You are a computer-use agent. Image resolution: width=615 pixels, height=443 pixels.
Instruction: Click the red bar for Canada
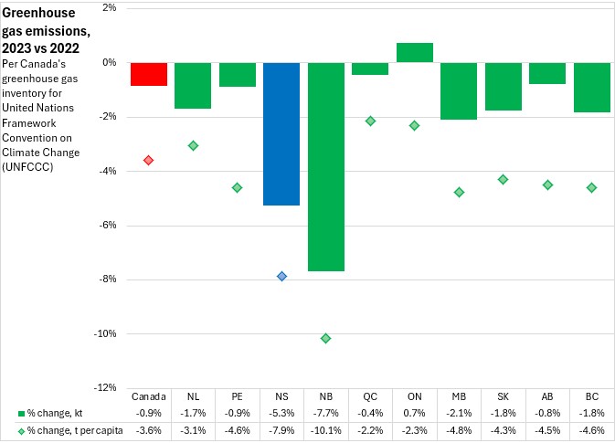tap(148, 74)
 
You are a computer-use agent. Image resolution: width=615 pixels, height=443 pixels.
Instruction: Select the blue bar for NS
tap(281, 133)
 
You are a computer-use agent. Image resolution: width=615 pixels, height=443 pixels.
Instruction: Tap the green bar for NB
tap(326, 166)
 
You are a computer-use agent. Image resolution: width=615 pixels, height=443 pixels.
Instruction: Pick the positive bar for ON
tap(415, 53)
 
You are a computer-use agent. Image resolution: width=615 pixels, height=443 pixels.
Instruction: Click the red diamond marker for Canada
tap(148, 160)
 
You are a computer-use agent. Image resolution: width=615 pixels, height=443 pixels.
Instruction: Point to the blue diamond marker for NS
tap(281, 276)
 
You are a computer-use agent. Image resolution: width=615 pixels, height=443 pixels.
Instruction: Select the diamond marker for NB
tap(326, 338)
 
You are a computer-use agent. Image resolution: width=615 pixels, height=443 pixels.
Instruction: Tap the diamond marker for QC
tap(370, 121)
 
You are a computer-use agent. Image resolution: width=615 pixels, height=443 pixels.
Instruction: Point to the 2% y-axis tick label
tap(108, 8)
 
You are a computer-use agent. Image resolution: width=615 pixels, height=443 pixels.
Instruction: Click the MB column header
tap(459, 397)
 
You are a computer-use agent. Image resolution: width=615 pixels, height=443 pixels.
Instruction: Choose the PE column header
tap(237, 397)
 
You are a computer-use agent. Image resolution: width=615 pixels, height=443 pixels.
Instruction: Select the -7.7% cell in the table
tap(326, 413)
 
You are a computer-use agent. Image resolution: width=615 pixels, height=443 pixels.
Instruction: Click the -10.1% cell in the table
tap(326, 429)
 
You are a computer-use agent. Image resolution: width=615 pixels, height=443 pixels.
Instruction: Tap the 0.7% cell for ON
tap(415, 413)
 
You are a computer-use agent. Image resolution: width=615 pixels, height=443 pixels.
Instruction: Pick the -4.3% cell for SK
tap(504, 429)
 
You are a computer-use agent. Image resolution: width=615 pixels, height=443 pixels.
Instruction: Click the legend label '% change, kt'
tap(54, 413)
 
